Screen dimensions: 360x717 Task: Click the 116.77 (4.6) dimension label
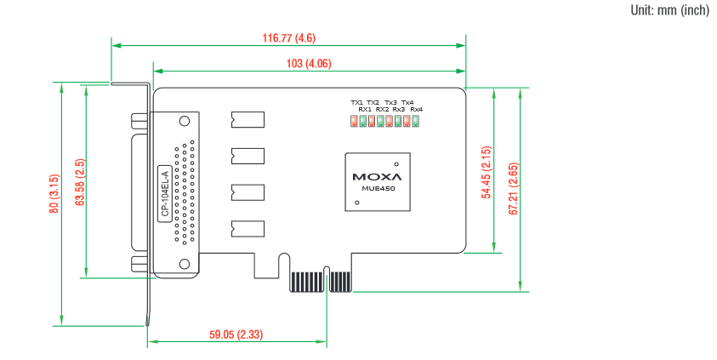289,38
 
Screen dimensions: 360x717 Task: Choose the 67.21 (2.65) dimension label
513,185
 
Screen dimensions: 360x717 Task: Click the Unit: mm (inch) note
669,10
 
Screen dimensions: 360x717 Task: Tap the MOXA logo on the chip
376,177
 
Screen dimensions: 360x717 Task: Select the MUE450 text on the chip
376,189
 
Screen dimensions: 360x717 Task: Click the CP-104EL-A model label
165,195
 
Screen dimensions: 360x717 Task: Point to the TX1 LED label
356,103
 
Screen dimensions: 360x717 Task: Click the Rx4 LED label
416,110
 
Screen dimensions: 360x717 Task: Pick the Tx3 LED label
390,103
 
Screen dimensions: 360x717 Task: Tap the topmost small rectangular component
247,119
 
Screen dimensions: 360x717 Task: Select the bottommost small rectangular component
247,228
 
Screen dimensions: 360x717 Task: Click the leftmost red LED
354,121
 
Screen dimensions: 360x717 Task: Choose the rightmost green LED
416,121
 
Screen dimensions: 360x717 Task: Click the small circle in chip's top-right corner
395,163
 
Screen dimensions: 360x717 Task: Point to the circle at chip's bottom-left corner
357,203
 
